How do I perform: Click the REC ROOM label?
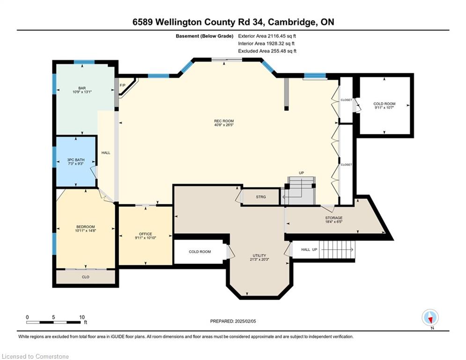(x=224, y=123)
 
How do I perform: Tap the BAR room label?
(x=82, y=90)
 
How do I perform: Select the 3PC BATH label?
(x=76, y=162)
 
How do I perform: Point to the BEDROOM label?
(x=85, y=228)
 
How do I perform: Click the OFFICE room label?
(x=145, y=236)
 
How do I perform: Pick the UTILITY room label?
(x=259, y=257)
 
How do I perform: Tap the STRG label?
(x=261, y=197)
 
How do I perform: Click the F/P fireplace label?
(x=122, y=85)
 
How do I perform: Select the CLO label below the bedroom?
(x=86, y=277)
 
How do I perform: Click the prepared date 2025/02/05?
(x=245, y=321)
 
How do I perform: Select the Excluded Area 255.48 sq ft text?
(x=267, y=51)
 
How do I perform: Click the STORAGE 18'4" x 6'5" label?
(x=334, y=219)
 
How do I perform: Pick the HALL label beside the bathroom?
(x=106, y=153)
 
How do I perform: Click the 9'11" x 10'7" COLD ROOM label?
(x=384, y=105)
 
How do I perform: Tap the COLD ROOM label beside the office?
(x=200, y=252)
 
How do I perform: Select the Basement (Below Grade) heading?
(x=205, y=36)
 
